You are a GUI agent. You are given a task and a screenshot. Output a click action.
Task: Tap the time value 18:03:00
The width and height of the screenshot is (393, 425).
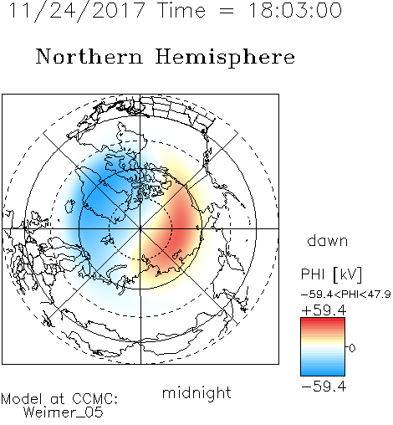(x=295, y=10)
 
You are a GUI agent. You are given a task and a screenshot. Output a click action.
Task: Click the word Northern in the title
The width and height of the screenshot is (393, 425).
(x=89, y=56)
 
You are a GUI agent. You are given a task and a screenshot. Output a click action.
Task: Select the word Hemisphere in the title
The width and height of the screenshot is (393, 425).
(x=225, y=57)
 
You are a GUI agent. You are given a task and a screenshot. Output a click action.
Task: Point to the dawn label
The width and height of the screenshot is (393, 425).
(x=328, y=240)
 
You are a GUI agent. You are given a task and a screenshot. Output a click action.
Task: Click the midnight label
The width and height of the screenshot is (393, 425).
(x=196, y=392)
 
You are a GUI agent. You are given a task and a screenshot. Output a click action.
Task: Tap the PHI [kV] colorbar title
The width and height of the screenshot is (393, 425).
(x=331, y=274)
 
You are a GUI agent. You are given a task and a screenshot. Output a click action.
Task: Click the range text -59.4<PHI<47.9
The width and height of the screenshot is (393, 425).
(x=345, y=294)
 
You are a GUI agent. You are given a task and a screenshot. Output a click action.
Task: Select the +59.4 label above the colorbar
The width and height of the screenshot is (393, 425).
(x=324, y=310)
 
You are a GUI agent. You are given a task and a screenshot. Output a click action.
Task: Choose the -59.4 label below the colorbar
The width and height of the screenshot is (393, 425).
(x=324, y=387)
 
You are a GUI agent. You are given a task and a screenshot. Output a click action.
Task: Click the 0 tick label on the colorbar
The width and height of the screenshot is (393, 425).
(x=352, y=348)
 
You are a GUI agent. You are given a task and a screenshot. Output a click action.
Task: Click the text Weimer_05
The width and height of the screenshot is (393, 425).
(x=64, y=412)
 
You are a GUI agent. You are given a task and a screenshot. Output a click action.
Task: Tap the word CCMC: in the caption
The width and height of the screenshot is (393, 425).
(x=94, y=399)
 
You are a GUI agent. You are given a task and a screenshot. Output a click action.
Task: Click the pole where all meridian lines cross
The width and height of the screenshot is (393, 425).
(x=140, y=228)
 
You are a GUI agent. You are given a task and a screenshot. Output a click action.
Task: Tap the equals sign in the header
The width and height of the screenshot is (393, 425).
(x=227, y=11)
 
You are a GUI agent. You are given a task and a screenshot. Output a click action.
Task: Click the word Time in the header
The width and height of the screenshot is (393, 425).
(x=181, y=10)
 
